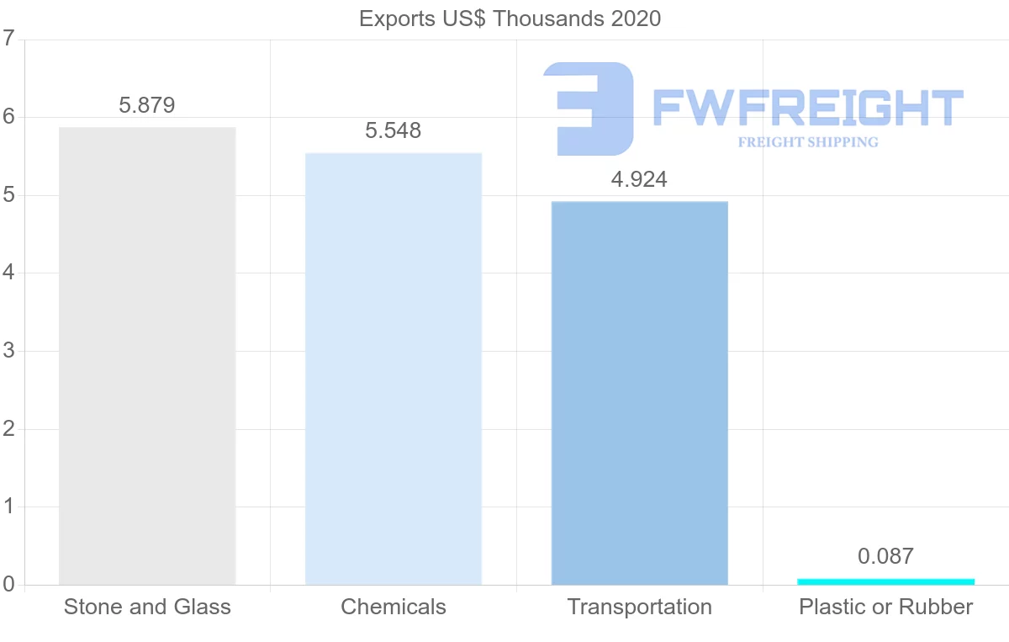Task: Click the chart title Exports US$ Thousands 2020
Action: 510,19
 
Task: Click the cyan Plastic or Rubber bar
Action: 885,581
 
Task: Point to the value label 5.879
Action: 147,106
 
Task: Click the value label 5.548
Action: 394,131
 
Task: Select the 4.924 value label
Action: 639,180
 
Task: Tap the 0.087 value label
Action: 885,557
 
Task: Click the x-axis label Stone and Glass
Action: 147,607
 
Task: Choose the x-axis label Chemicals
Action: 394,607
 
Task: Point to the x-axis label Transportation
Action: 639,607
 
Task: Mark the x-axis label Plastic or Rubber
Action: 885,607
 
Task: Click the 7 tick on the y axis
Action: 8,39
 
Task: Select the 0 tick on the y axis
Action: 8,585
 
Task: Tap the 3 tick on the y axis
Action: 8,351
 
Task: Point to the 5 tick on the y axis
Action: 8,195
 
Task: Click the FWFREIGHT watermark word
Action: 807,108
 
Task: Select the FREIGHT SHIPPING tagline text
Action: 807,142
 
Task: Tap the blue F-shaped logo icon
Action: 589,108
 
